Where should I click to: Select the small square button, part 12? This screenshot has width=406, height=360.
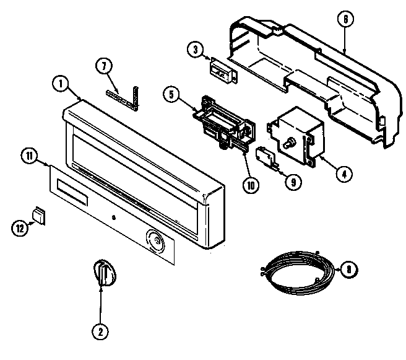(40, 215)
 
